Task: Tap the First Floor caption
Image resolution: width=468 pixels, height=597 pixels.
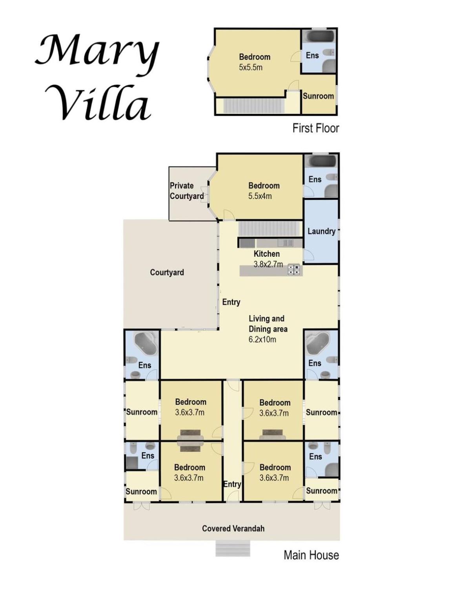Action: (316, 128)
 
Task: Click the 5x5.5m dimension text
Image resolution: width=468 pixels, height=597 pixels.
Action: (251, 67)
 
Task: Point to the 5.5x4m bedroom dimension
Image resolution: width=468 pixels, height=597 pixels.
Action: (260, 196)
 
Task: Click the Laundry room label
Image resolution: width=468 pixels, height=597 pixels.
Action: (322, 231)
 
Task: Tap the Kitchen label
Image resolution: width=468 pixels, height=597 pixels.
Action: (267, 254)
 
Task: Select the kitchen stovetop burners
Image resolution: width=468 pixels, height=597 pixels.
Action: (293, 269)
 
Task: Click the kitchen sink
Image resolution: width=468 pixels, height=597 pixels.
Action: (286, 243)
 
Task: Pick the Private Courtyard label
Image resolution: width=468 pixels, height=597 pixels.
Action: (187, 191)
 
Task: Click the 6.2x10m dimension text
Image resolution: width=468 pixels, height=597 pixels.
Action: (262, 339)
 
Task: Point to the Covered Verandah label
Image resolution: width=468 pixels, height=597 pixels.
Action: (233, 528)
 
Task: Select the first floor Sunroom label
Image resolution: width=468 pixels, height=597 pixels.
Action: (318, 96)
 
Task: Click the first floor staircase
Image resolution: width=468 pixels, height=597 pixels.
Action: (253, 105)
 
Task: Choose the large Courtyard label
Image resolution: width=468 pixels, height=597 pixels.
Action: (167, 272)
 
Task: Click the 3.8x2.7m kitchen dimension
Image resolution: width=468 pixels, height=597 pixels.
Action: (268, 264)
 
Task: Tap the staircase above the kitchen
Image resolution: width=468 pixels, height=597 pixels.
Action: (270, 228)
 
